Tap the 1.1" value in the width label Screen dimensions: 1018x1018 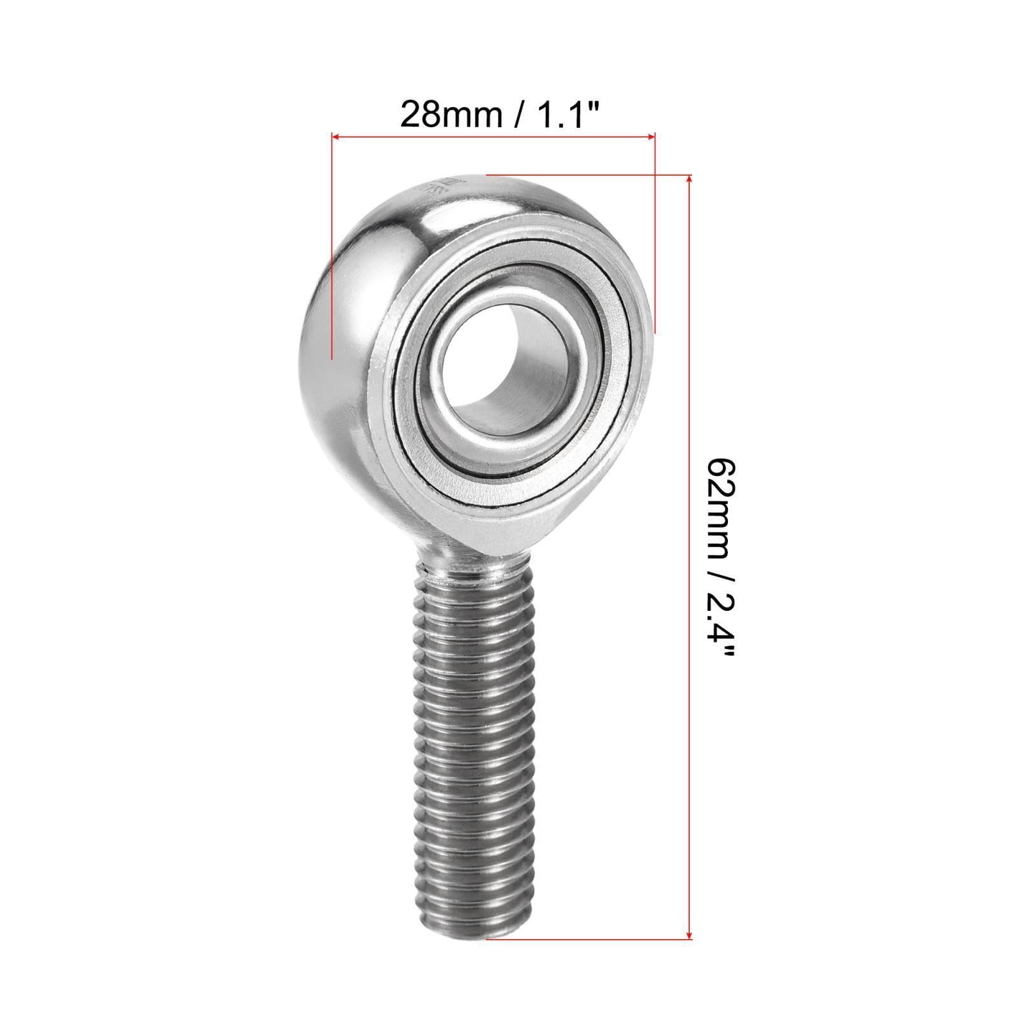coord(566,115)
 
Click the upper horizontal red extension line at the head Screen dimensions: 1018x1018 coord(585,175)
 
